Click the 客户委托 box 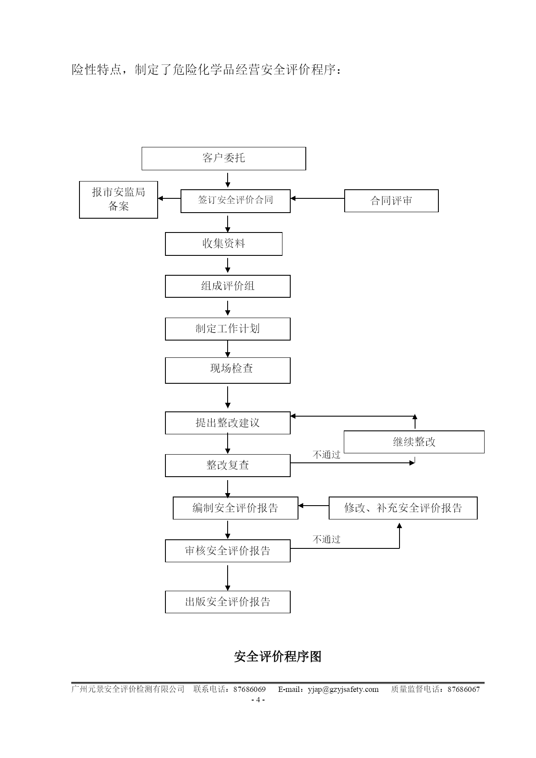(x=224, y=158)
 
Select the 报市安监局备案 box (x=118, y=200)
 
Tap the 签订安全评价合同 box (x=235, y=201)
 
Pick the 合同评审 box (x=391, y=201)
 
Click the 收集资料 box (x=224, y=244)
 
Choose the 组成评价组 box (x=228, y=286)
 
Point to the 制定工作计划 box (x=228, y=329)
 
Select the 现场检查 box (x=228, y=370)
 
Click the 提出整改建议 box (x=228, y=423)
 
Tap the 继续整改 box (x=414, y=442)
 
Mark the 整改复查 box (x=228, y=465)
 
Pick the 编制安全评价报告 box (x=235, y=508)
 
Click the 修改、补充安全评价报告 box (x=403, y=508)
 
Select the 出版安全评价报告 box (x=228, y=602)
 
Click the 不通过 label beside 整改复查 (x=327, y=455)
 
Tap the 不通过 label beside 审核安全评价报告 (x=327, y=539)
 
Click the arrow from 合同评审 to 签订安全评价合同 (x=317, y=198)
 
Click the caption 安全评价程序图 (x=278, y=656)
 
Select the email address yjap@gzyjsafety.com (x=343, y=689)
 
